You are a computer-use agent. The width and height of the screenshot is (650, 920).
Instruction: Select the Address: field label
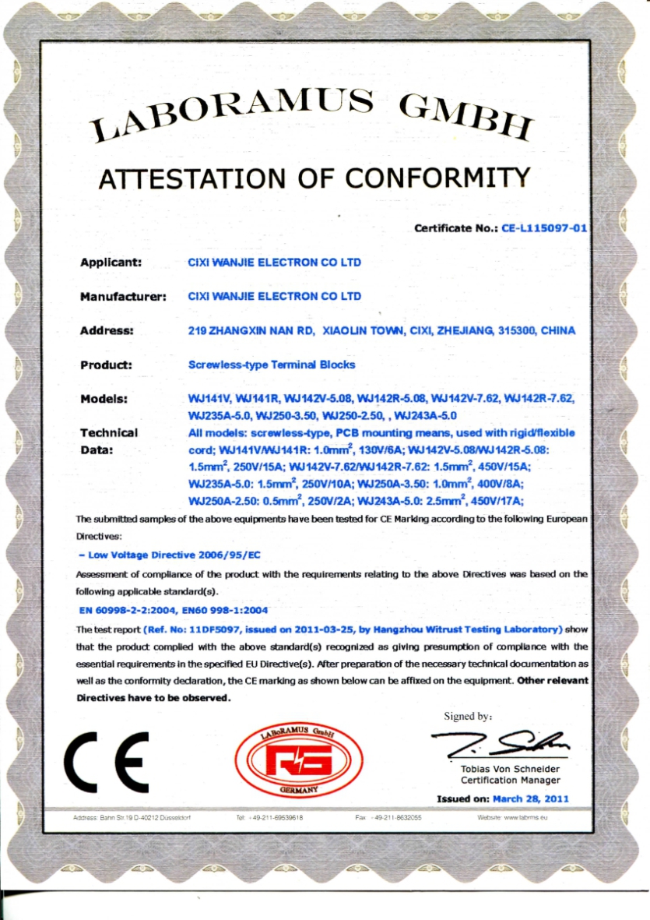click(107, 330)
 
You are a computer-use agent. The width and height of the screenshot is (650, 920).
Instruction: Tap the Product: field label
click(106, 365)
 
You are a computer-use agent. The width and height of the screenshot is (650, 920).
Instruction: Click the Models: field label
click(104, 399)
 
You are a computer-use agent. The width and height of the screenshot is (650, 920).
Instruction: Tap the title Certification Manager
click(510, 780)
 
